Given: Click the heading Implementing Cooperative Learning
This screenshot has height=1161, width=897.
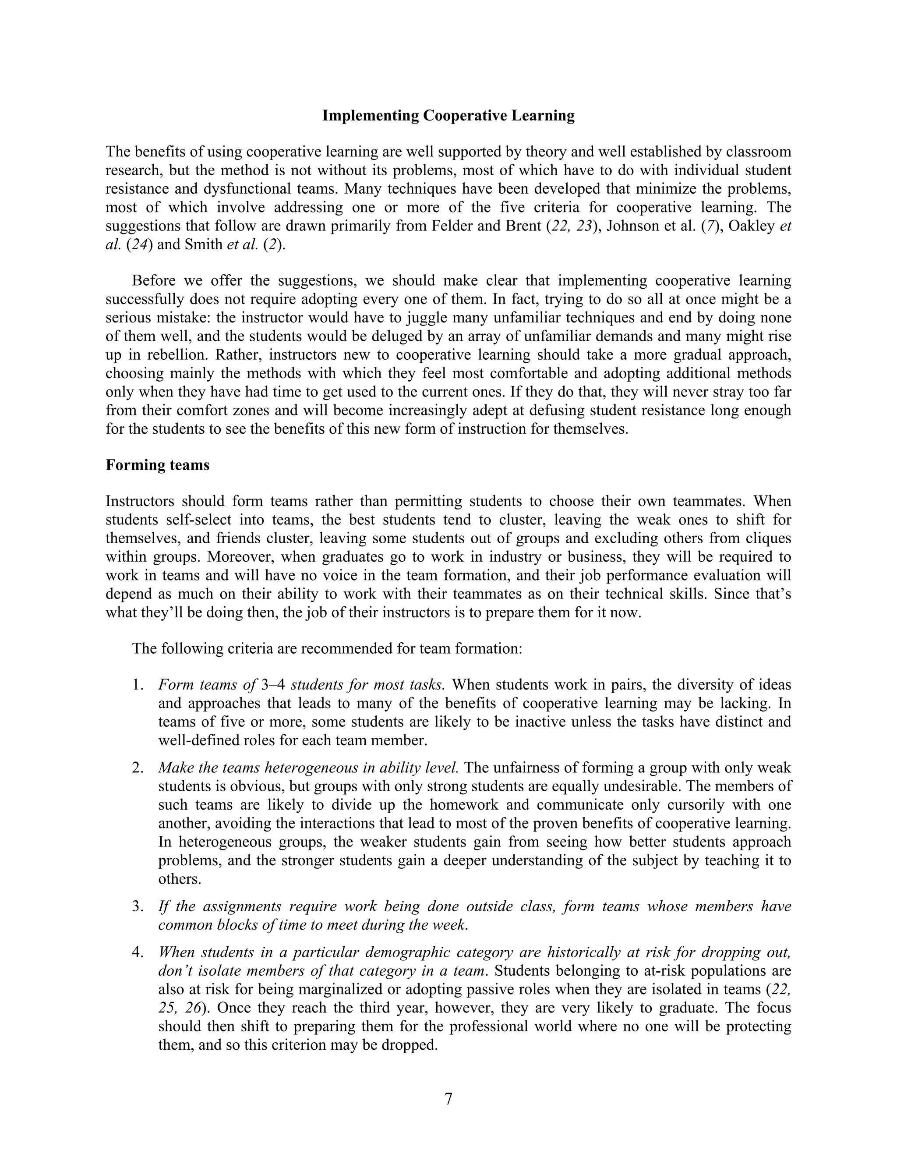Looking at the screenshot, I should (448, 116).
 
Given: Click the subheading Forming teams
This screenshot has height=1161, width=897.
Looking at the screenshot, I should (157, 465).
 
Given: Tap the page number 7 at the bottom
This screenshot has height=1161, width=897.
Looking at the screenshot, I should (448, 1098).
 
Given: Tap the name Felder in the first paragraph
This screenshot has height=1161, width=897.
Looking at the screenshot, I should (452, 226).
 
